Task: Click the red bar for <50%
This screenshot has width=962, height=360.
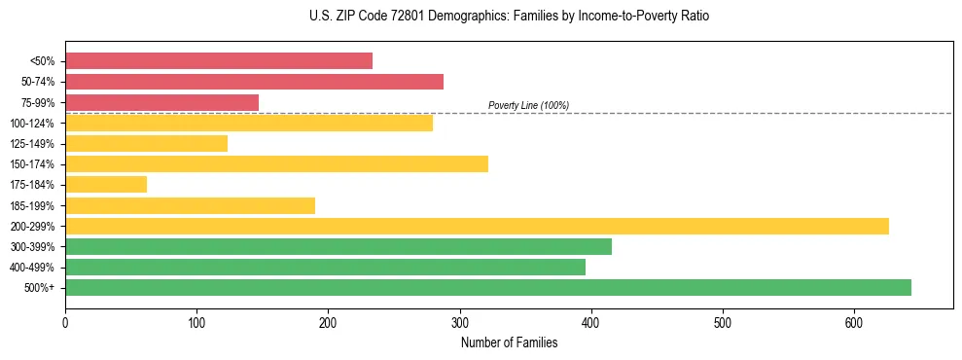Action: pyautogui.click(x=219, y=60)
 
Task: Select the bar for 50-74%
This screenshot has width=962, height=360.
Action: pyautogui.click(x=254, y=82)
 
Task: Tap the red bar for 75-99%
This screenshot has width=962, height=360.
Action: pyautogui.click(x=161, y=102)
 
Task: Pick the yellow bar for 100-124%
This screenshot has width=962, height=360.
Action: pyautogui.click(x=249, y=123)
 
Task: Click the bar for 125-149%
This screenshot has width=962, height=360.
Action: pyautogui.click(x=146, y=144)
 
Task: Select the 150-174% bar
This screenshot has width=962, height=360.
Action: pyautogui.click(x=276, y=164)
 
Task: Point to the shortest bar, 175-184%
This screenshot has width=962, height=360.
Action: pyautogui.click(x=106, y=185)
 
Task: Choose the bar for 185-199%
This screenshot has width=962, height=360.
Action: pyautogui.click(x=190, y=205)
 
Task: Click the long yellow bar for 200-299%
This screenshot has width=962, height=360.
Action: pyautogui.click(x=477, y=226)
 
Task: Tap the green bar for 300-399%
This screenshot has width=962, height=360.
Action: pyautogui.click(x=338, y=247)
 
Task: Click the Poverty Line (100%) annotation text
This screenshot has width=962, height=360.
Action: pyautogui.click(x=528, y=105)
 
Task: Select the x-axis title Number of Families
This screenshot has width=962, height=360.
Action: pyautogui.click(x=509, y=342)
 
